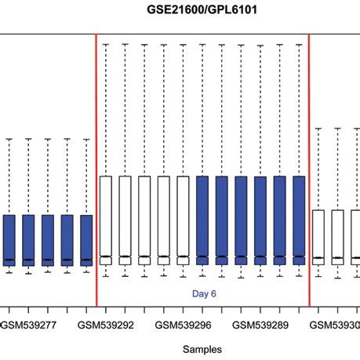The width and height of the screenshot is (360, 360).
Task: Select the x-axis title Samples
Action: coord(202,348)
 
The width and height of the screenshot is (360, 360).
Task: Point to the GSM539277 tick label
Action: coord(29,324)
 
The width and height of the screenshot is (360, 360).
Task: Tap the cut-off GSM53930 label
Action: coord(336,324)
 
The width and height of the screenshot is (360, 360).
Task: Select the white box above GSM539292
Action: coord(106,220)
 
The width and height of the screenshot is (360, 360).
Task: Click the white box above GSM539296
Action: coord(183,220)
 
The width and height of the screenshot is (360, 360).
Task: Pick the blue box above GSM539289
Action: coord(260,220)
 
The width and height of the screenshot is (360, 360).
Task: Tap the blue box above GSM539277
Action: coord(29,239)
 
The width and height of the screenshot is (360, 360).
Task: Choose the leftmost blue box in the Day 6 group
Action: coord(202,220)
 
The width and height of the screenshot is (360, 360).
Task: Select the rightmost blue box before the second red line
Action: coord(299,220)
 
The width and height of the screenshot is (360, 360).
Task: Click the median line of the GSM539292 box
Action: coord(106,256)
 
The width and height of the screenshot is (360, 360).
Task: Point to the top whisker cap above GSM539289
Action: coord(260,45)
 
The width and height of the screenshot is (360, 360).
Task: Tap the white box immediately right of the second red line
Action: coord(318,235)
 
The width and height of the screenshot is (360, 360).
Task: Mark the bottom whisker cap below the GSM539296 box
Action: coord(183,275)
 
